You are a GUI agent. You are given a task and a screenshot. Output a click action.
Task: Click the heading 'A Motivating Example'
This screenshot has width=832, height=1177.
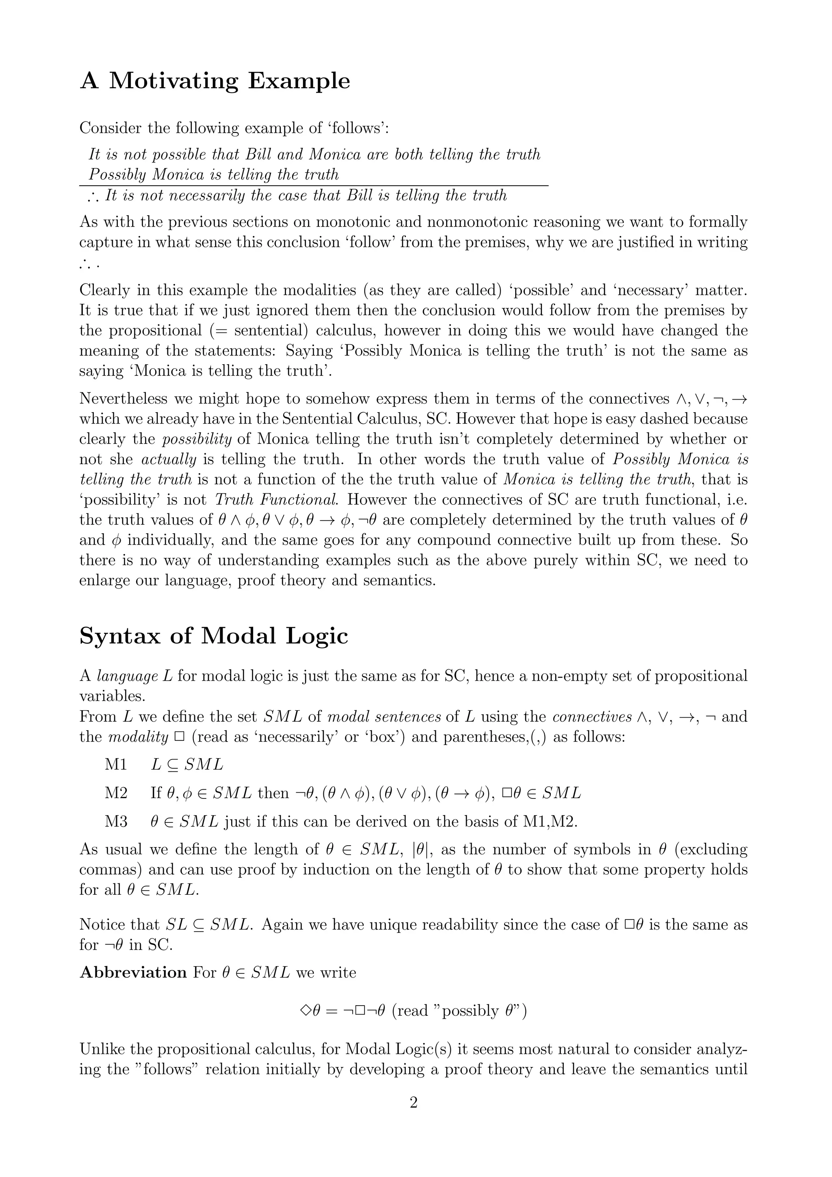click(x=215, y=81)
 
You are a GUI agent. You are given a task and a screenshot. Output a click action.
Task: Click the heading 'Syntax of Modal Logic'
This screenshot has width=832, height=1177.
click(x=214, y=636)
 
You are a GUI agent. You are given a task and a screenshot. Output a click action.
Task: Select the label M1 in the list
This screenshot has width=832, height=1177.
click(x=116, y=765)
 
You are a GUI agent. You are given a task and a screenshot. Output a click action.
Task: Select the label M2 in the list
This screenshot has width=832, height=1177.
click(x=116, y=793)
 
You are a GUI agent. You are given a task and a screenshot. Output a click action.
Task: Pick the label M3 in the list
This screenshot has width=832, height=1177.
click(x=116, y=822)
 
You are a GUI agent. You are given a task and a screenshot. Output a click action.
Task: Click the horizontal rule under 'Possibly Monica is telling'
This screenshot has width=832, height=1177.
click(x=314, y=186)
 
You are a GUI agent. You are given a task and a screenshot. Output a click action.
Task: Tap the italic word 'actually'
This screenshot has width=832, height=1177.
click(x=169, y=459)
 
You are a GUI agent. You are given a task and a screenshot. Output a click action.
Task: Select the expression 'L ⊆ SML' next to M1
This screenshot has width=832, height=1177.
click(x=187, y=765)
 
